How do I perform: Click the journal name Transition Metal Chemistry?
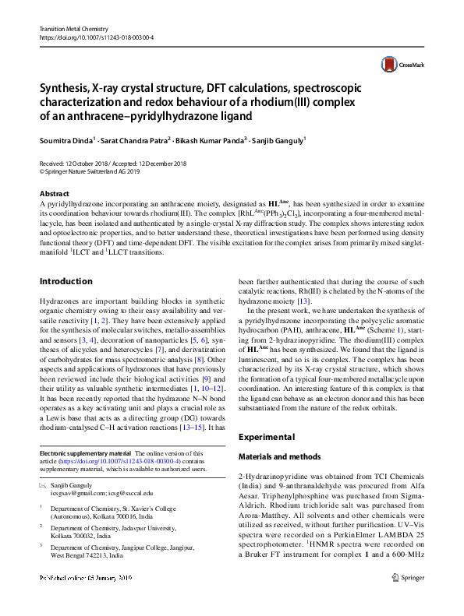click(74, 28)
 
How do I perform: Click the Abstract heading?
click(54, 193)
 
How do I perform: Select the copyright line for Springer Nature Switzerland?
click(91, 171)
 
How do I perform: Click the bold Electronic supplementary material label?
click(85, 453)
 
